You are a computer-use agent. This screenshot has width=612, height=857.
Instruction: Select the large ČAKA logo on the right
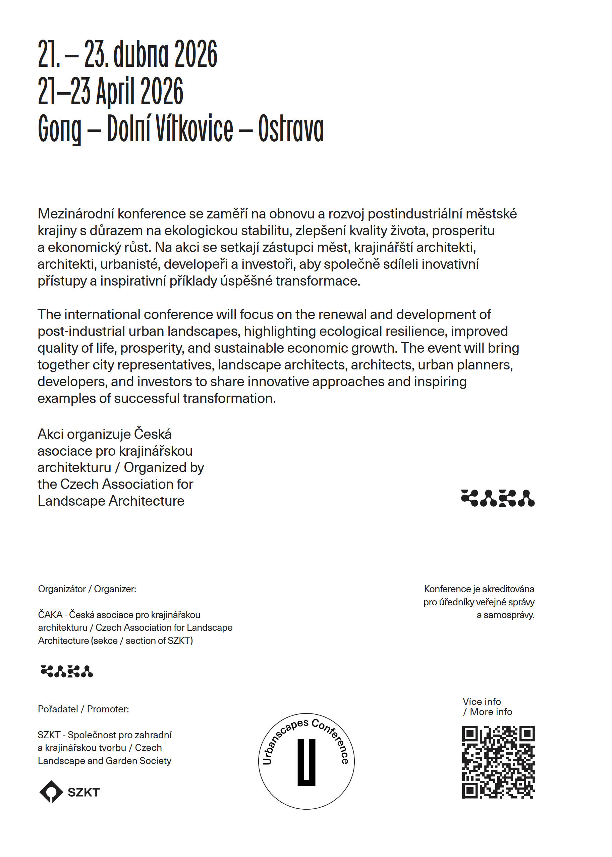(x=497, y=498)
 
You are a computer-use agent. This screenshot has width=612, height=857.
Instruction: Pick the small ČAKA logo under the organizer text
(x=67, y=671)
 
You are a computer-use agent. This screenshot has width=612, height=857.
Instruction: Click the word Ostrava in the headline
(x=290, y=129)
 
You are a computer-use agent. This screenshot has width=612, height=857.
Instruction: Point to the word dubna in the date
(x=141, y=54)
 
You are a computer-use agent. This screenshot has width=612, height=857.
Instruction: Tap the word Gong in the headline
(x=60, y=129)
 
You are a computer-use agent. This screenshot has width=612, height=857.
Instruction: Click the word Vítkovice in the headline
(x=194, y=129)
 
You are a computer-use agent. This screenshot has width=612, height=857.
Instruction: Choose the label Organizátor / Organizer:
(x=87, y=589)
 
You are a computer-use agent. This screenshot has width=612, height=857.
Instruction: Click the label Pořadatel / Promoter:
(x=83, y=709)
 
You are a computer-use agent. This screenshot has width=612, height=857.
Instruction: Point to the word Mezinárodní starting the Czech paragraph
(x=76, y=214)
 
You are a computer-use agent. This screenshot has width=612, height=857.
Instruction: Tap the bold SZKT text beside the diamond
(x=84, y=792)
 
